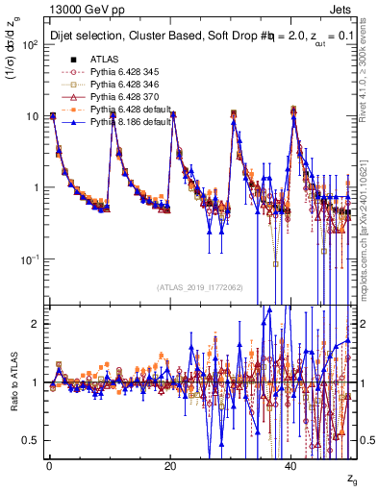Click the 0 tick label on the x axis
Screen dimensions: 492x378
pyautogui.click(x=49, y=466)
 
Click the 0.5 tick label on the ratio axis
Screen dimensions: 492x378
pyautogui.click(x=31, y=440)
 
